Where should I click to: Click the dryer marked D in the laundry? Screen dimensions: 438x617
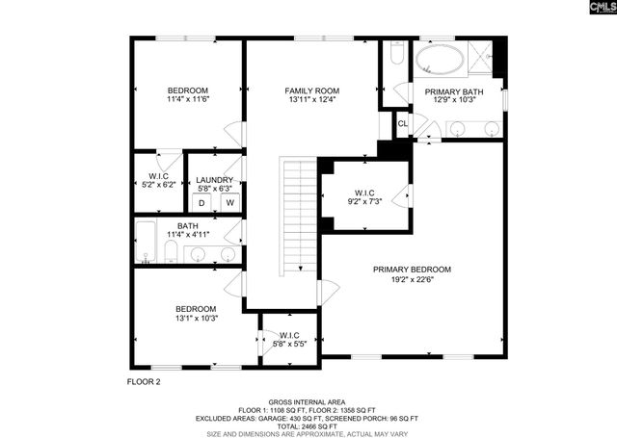(201, 203)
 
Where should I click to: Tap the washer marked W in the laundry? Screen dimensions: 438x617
(230, 203)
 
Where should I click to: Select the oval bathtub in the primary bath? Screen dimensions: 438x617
(439, 61)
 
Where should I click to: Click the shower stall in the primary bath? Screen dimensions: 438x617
(479, 58)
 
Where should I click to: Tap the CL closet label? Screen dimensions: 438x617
(402, 122)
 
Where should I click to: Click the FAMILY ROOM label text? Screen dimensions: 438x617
(311, 90)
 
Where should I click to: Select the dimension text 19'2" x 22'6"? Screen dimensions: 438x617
(412, 282)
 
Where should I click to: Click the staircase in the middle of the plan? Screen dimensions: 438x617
(300, 217)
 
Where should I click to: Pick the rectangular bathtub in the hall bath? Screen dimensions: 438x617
(147, 242)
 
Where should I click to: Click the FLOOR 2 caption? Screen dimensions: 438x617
(144, 381)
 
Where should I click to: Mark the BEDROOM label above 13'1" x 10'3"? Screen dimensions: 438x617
(196, 309)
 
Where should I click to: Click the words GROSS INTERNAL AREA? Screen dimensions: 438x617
(308, 401)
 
